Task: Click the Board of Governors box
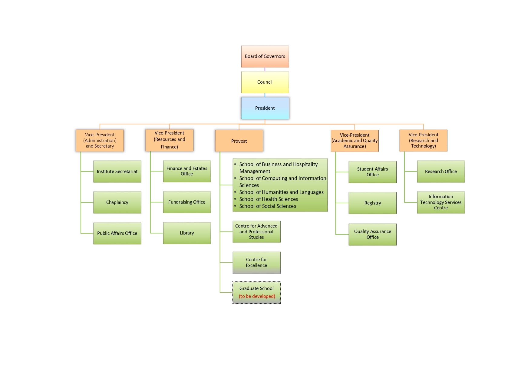point(265,56)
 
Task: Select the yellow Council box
point(265,82)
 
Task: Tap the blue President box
point(265,108)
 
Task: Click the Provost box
point(239,141)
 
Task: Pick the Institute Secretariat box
point(117,171)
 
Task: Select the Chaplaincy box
point(117,202)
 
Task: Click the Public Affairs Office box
point(117,233)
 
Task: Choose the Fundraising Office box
point(187,202)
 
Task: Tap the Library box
point(187,233)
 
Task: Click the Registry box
point(373,203)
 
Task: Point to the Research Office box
point(441,171)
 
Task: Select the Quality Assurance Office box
point(373,234)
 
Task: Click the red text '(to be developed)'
point(257,296)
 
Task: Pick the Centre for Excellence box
point(256,262)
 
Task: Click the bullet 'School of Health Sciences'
point(269,199)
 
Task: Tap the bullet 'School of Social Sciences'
point(268,206)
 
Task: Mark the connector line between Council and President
point(265,95)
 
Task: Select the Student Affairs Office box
point(373,172)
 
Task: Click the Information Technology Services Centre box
point(441,202)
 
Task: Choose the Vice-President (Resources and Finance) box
point(169,140)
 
